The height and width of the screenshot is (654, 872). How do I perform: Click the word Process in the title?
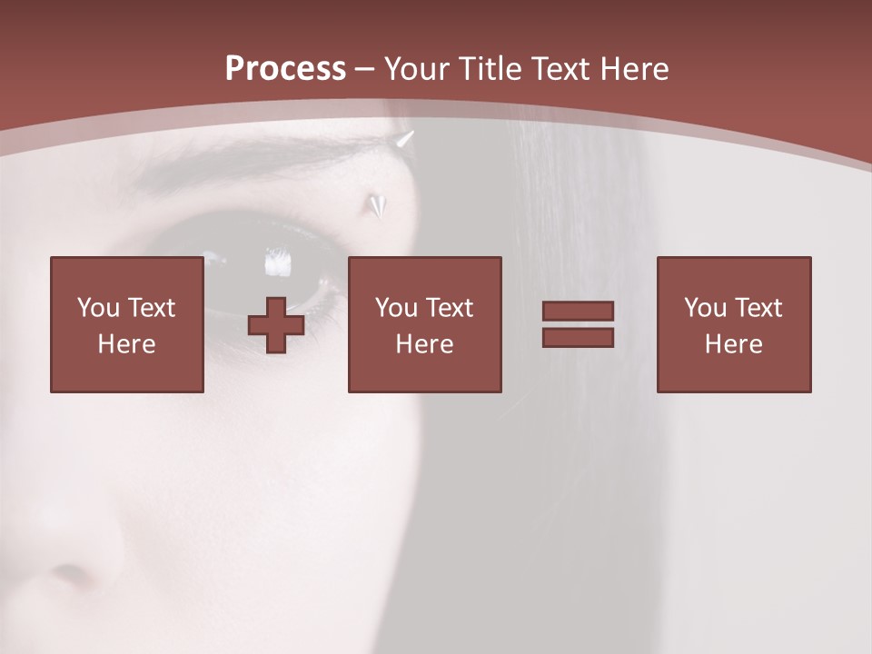tap(285, 69)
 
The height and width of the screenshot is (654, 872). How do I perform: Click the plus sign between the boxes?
tap(276, 325)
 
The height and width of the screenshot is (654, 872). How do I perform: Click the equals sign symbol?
tap(578, 324)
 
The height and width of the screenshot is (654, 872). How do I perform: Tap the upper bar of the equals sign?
tap(578, 312)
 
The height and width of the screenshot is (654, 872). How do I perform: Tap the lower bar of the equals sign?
tap(578, 337)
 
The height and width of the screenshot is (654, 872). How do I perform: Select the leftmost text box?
tap(127, 324)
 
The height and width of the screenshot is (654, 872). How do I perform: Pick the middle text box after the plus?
tap(425, 324)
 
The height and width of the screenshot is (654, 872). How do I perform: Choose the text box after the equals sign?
tap(734, 324)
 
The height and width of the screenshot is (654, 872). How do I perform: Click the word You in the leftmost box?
tap(98, 308)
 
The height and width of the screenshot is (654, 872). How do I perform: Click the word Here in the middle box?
tap(425, 344)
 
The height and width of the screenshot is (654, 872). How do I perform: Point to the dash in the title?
tap(365, 69)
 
